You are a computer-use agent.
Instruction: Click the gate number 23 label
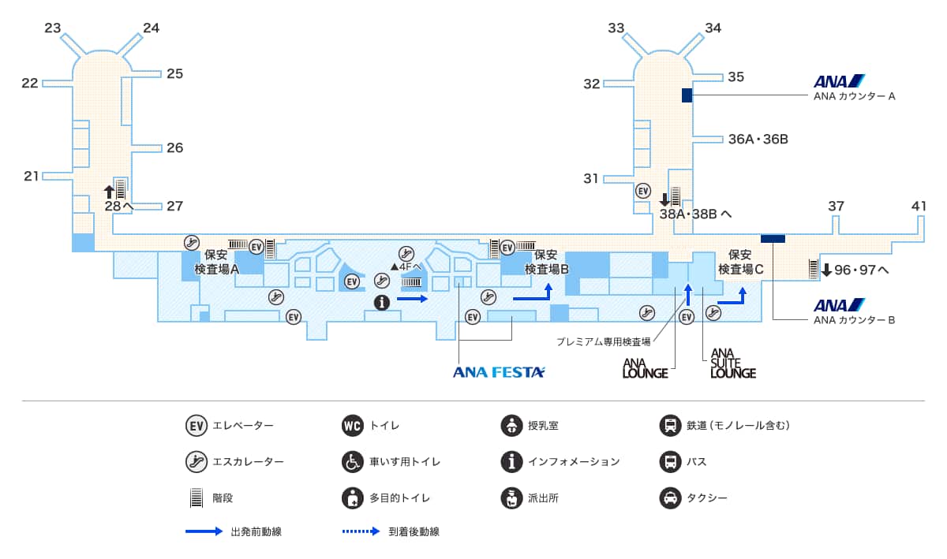point(53,28)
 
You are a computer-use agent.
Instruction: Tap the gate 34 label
point(713,28)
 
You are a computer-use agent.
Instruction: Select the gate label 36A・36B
point(758,140)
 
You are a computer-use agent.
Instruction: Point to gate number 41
point(919,206)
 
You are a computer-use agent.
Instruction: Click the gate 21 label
point(31,176)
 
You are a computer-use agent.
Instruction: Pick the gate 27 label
point(174,206)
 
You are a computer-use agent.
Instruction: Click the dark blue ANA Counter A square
point(687,95)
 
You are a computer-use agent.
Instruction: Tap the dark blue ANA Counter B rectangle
point(773,238)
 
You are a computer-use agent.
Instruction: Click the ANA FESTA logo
point(499,372)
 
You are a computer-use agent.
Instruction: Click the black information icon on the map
point(382,302)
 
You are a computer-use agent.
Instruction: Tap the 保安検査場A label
point(216,262)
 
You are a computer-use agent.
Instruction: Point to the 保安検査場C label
point(740,262)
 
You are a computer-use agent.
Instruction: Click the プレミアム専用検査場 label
point(603,341)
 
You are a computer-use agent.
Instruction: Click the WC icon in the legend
point(353,426)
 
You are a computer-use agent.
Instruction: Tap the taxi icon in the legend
point(670,498)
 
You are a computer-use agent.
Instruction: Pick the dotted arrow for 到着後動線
point(361,531)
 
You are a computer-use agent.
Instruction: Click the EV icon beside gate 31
point(643,192)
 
